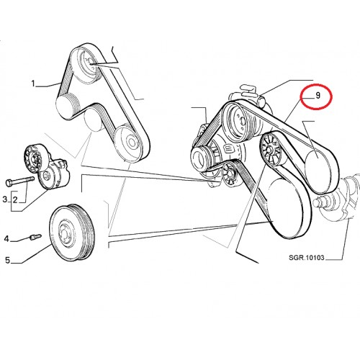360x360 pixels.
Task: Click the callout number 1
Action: (33, 84)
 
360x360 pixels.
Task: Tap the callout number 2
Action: (15, 199)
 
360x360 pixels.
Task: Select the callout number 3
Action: (5, 199)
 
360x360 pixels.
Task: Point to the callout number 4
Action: (6, 239)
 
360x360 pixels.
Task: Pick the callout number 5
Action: (8, 260)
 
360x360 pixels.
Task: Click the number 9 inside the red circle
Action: (318, 96)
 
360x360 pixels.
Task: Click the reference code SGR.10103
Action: (307, 258)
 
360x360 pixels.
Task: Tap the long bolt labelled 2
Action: (20, 181)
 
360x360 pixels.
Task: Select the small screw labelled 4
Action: (36, 237)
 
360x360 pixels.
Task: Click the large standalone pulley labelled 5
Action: (71, 233)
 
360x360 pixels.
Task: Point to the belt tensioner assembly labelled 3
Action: (47, 165)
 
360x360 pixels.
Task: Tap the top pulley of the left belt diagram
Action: (86, 65)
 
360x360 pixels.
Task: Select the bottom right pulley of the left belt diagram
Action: (129, 143)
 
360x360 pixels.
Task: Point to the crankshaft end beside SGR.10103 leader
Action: (336, 200)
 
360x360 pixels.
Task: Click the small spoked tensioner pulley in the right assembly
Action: (230, 174)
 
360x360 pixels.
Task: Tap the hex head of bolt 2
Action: (9, 183)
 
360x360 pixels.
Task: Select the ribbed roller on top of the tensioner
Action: (34, 158)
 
